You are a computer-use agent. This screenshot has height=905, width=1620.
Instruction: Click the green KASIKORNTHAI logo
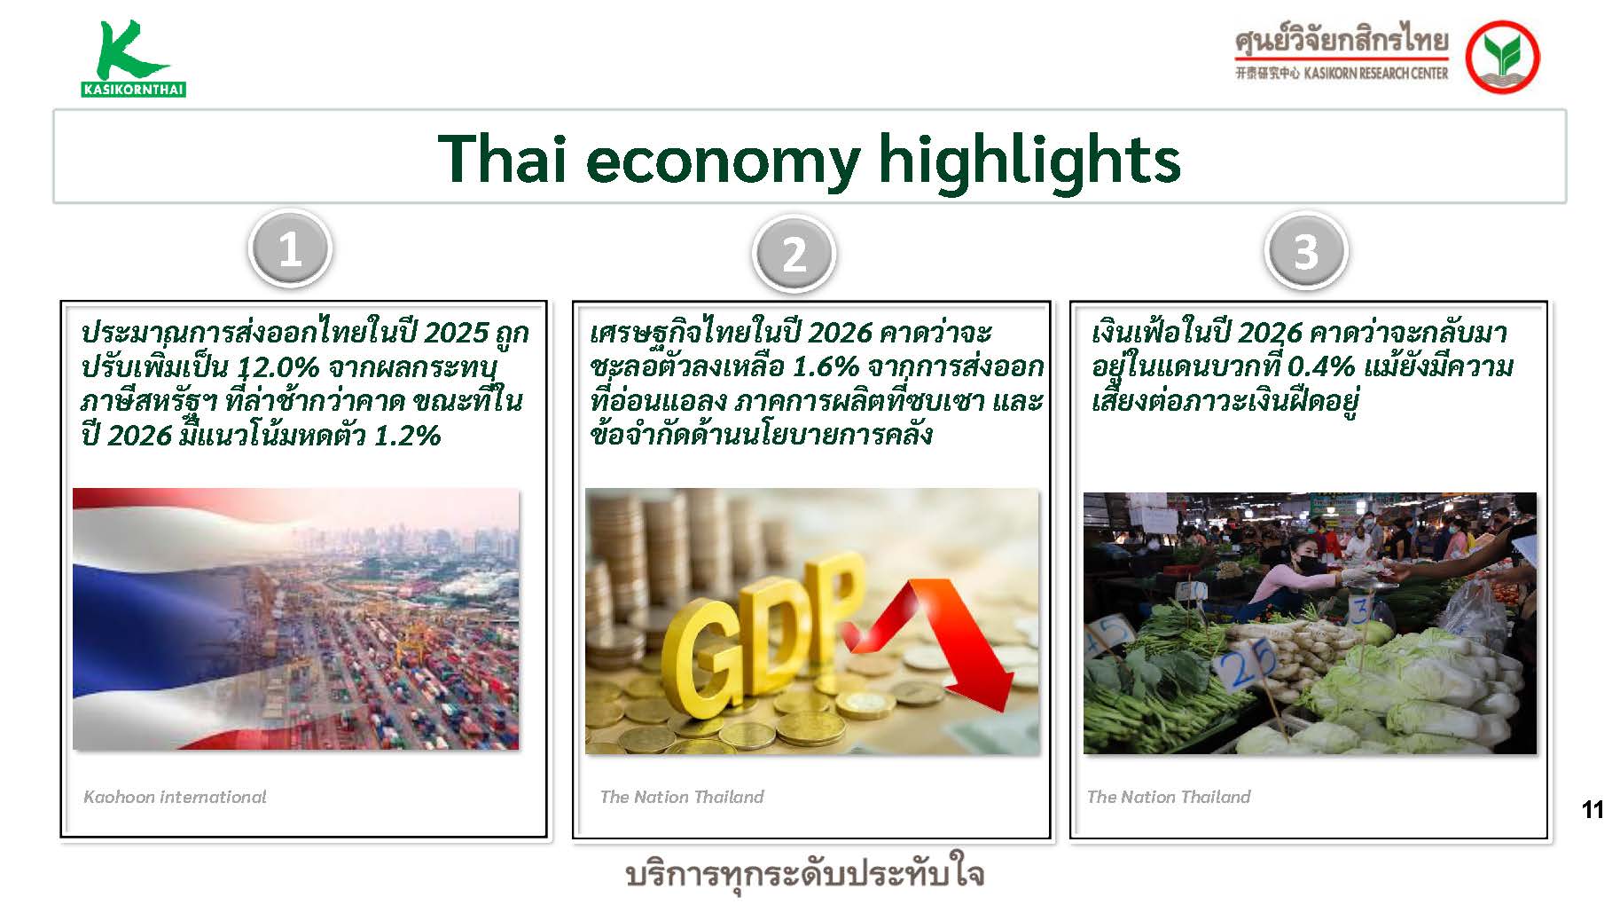pos(133,58)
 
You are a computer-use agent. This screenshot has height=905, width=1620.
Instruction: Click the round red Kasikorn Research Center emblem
pos(1502,57)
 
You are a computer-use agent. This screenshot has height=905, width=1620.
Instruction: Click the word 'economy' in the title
pos(723,161)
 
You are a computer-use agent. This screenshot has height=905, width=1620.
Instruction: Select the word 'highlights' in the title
pos(1029,160)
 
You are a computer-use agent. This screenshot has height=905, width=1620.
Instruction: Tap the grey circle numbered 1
pos(290,248)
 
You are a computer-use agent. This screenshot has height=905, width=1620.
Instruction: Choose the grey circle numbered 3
pos(1305,250)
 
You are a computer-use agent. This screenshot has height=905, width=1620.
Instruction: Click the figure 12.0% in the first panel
pos(278,366)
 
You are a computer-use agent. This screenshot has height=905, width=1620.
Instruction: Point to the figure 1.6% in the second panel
pos(825,366)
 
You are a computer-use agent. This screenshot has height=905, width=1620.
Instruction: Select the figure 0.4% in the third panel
pos(1320,366)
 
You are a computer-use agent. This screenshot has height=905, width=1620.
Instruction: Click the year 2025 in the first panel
pos(457,332)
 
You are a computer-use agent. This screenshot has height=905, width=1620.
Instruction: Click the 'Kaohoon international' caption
pos(175,797)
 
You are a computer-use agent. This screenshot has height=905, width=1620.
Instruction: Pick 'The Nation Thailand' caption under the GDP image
pos(682,797)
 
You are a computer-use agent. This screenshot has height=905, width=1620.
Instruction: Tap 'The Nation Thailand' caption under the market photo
pos(1169,797)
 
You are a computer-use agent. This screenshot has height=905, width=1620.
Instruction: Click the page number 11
pos(1593,809)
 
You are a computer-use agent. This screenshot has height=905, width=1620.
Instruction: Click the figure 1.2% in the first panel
pos(407,435)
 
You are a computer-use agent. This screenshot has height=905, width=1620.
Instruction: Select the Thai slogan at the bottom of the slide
pos(805,875)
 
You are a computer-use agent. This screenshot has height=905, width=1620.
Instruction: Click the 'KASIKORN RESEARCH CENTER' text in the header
pos(1375,74)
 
